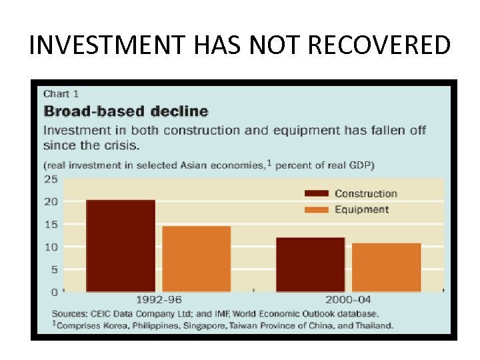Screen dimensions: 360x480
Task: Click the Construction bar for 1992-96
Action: [121, 245]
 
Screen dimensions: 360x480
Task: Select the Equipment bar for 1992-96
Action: [197, 259]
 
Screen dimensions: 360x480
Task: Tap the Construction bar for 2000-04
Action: [311, 264]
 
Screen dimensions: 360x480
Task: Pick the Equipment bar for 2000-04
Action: [387, 267]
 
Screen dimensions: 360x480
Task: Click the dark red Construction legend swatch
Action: [316, 194]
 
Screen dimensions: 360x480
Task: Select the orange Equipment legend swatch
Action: [316, 209]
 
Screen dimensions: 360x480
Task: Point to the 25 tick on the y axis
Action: [51, 179]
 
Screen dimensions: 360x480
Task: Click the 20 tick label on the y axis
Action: [51, 201]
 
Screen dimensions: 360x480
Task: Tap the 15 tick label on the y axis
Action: [51, 224]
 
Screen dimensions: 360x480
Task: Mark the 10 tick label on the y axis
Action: [51, 247]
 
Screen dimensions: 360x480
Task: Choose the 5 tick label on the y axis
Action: [53, 269]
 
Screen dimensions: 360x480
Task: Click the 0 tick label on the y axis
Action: [53, 292]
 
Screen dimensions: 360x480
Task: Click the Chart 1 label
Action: [61, 94]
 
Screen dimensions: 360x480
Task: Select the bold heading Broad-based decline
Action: [125, 111]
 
